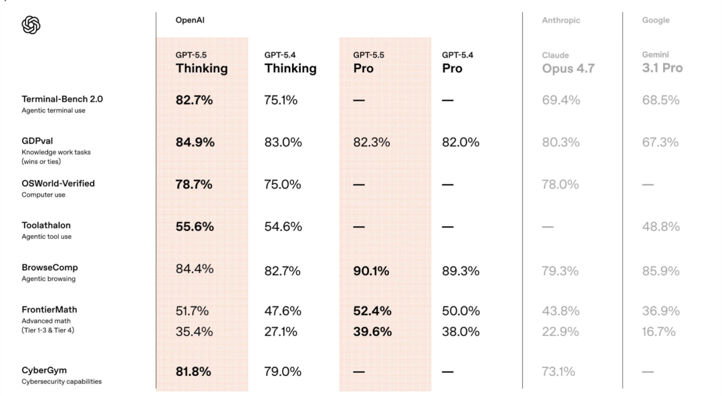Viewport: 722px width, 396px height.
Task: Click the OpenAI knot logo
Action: [x=31, y=25]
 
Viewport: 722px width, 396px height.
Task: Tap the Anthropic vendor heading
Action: [x=561, y=20]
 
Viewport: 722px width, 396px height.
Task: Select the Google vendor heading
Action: [x=656, y=20]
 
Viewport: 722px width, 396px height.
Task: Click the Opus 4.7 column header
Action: [x=568, y=63]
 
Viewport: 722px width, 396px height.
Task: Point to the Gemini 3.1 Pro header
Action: [x=662, y=63]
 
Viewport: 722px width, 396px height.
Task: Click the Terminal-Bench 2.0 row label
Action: [x=62, y=99]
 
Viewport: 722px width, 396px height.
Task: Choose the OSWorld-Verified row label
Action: [x=58, y=183]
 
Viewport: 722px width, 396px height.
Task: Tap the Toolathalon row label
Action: [x=46, y=225]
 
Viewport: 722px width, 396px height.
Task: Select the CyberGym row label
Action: [x=44, y=370]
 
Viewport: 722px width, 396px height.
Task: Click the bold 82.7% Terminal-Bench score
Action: [x=194, y=100]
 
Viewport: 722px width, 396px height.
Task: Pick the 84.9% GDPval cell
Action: [x=195, y=142]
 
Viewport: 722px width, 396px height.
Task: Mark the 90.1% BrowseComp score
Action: [x=371, y=271]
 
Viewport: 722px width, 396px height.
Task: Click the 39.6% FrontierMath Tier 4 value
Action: [x=372, y=332]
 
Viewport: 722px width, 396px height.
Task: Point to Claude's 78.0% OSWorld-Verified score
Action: [x=560, y=185]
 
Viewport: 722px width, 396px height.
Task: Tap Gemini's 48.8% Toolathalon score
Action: [x=660, y=226]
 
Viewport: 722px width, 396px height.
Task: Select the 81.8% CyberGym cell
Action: [x=193, y=371]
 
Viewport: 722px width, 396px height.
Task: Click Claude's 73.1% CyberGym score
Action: [x=558, y=371]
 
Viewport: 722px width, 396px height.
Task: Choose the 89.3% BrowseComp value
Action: [x=461, y=271]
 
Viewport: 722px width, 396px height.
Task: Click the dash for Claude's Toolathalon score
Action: [x=548, y=227]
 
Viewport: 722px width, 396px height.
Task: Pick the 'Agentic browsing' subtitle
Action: [x=48, y=278]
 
